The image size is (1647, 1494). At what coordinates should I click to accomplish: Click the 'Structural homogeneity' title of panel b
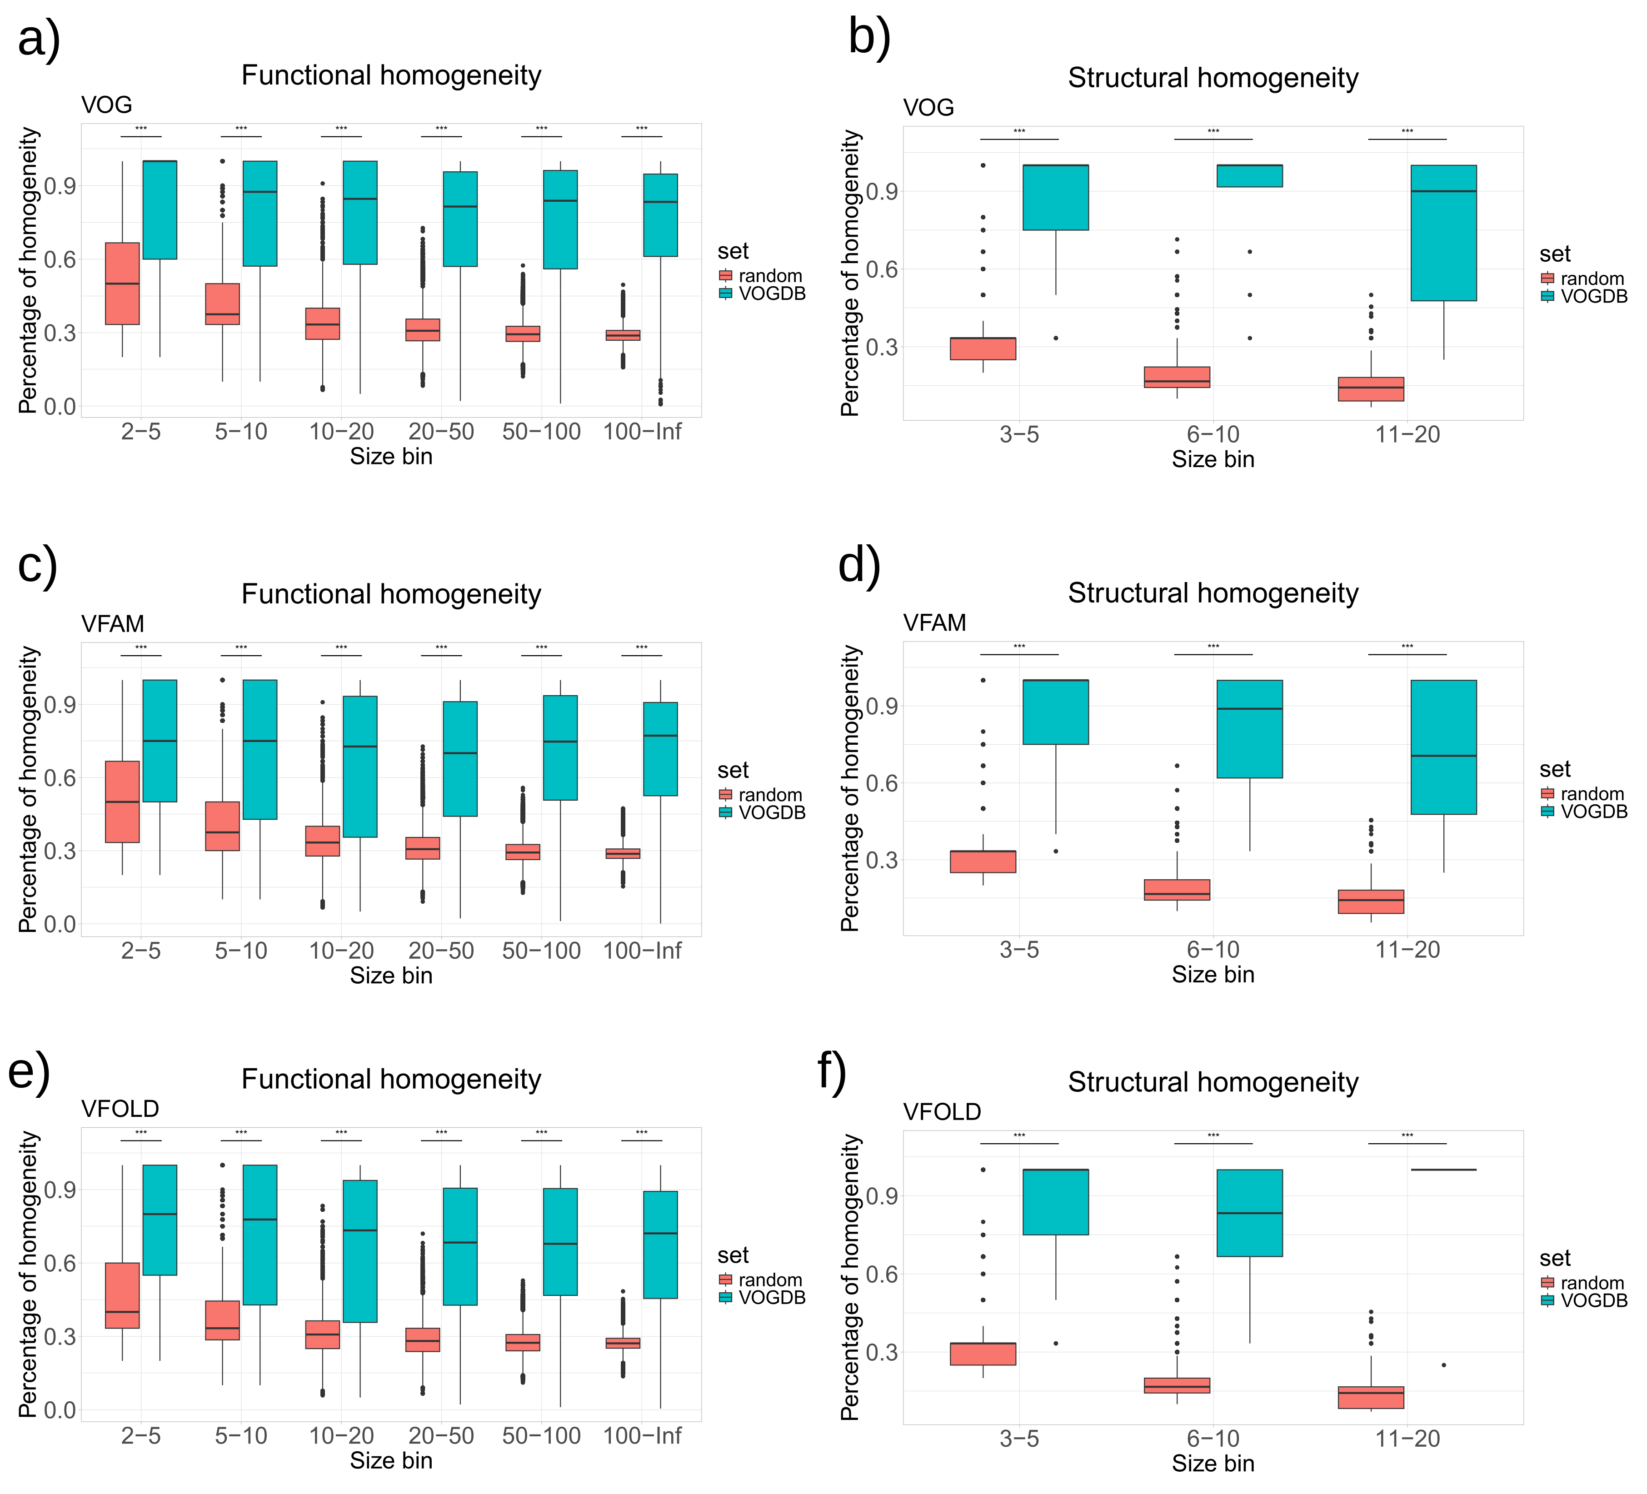(1213, 79)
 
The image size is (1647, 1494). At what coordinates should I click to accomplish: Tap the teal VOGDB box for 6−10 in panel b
(1249, 176)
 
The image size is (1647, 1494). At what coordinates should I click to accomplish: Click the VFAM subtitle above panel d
(934, 623)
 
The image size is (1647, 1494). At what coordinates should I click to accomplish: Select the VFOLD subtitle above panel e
(120, 1108)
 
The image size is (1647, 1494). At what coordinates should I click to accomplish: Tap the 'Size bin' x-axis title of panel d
(1213, 975)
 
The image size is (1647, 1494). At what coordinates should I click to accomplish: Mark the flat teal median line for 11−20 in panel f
(1443, 1170)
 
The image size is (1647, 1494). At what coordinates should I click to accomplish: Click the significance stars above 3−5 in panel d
(1019, 647)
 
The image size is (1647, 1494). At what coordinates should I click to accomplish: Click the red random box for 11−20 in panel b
(1370, 389)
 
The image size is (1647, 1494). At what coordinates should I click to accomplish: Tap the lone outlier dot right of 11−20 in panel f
(1443, 1365)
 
